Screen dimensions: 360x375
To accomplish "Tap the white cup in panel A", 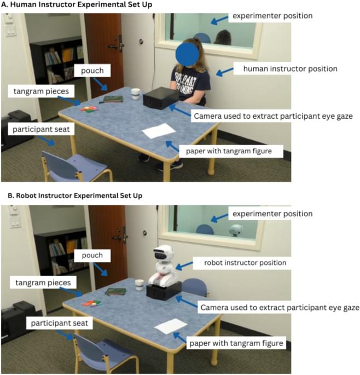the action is (x=136, y=94).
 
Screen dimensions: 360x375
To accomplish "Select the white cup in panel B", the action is (x=140, y=285).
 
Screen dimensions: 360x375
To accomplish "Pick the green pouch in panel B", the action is (x=115, y=292).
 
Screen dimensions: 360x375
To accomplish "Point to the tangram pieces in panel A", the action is (x=89, y=109).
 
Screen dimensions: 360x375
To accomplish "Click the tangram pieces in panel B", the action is (x=92, y=303).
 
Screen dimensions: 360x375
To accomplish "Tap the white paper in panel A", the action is (x=159, y=131).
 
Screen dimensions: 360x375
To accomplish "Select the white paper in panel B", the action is (x=171, y=326).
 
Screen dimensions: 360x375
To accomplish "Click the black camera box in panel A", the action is (x=161, y=97).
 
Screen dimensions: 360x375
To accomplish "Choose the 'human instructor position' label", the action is (x=290, y=68).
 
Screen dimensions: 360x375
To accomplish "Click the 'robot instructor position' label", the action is (x=245, y=263).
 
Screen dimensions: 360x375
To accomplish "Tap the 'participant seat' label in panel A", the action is (x=41, y=129).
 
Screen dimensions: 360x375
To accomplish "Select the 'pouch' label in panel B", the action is (x=92, y=255).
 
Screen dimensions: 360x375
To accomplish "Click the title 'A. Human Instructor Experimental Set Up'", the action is (x=77, y=4).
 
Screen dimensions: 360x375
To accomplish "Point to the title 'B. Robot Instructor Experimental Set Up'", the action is (x=75, y=195).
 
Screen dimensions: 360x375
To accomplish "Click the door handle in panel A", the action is (x=116, y=46).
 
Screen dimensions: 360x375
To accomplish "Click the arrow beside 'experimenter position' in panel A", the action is (x=219, y=20).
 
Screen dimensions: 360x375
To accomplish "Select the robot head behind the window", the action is (x=236, y=230).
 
